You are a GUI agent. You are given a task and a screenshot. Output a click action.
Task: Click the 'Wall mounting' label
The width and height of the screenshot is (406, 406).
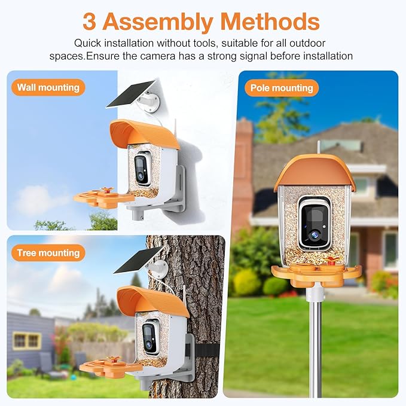(48, 87)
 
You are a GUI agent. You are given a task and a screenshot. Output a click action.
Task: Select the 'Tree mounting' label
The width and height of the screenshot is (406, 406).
(48, 253)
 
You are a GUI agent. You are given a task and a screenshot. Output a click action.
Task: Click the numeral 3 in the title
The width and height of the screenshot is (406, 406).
(89, 22)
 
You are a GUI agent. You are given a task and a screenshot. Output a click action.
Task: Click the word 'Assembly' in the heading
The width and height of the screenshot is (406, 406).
(158, 22)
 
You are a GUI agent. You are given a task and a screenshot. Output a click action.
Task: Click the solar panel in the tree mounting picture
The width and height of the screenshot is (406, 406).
(137, 261)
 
